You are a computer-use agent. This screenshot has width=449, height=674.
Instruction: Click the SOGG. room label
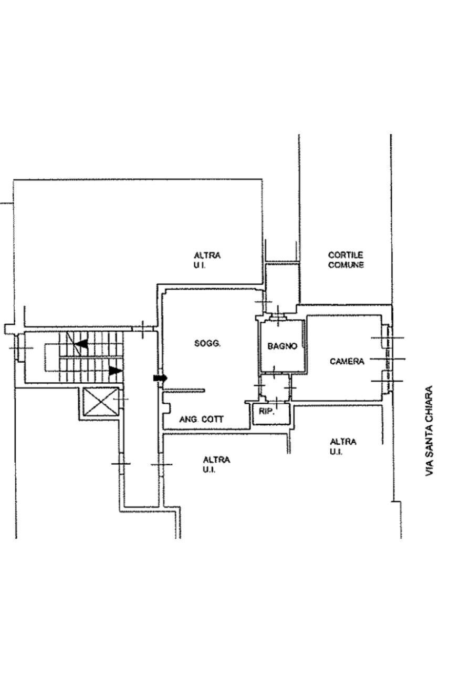pos(207,344)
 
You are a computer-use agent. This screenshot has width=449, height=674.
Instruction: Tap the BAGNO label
pos(282,346)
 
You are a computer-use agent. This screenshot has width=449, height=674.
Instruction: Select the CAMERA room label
pos(347,361)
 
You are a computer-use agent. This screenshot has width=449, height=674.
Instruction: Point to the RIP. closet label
pos(266,412)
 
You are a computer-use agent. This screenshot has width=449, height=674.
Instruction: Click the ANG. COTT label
pos(201,419)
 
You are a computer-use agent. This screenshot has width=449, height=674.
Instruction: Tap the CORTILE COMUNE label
pos(346,260)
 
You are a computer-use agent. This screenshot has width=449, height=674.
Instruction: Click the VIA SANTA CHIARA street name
pos(429,431)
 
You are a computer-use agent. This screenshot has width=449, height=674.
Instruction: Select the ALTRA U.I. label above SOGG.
pos(207,260)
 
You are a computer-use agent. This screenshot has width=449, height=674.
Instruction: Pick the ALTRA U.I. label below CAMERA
pos(342,446)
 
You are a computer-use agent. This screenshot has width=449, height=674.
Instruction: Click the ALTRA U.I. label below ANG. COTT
pos(216,464)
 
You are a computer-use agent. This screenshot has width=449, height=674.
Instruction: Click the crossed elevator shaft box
pos(101,403)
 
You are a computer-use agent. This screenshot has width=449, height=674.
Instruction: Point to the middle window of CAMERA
pos(388,359)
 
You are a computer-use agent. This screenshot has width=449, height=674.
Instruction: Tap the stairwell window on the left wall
pos(20,348)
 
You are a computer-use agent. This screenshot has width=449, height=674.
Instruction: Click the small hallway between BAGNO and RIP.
pos(274,387)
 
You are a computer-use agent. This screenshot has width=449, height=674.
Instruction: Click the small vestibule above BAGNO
pos(280,287)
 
